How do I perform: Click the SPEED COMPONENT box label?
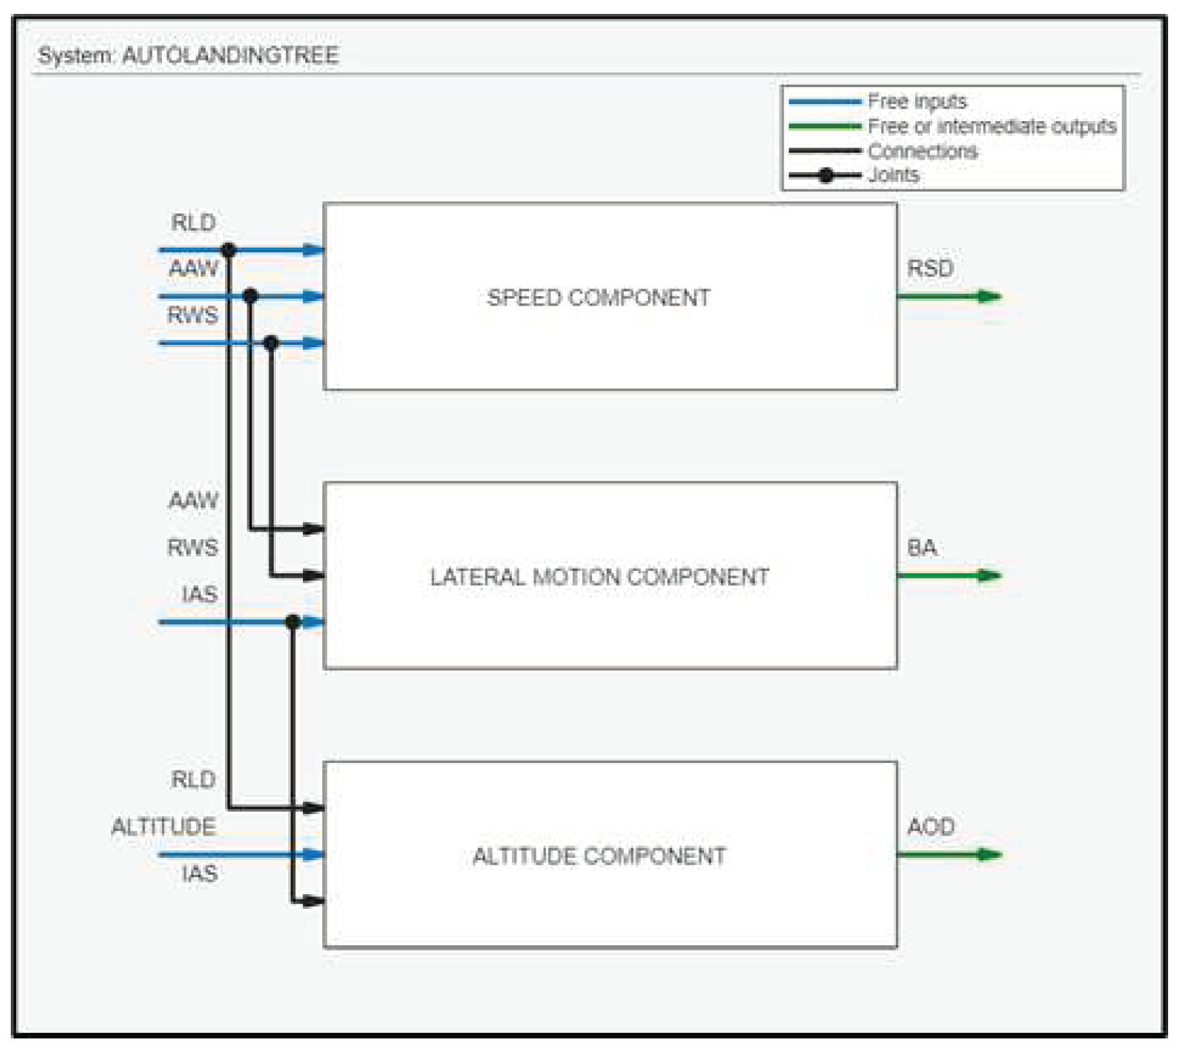click(x=598, y=298)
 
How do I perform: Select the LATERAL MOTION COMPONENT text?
click(x=599, y=577)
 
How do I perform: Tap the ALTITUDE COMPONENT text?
click(x=599, y=856)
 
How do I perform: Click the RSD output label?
click(x=930, y=268)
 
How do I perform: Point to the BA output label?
click(x=921, y=548)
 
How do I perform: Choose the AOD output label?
click(x=931, y=827)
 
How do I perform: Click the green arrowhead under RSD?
click(x=989, y=296)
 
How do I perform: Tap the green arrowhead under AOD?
click(x=989, y=854)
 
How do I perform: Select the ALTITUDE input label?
click(x=163, y=827)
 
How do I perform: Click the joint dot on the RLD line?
click(x=228, y=250)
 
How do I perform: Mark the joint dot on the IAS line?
click(x=292, y=622)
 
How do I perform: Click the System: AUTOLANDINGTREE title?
click(x=188, y=56)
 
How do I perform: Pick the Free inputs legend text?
click(x=917, y=101)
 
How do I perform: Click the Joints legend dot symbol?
click(x=826, y=175)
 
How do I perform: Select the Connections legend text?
click(x=922, y=151)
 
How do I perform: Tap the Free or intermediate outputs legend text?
click(x=992, y=126)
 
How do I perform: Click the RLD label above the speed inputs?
click(x=193, y=223)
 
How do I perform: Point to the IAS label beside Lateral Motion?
click(x=200, y=595)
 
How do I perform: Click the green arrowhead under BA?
click(x=989, y=575)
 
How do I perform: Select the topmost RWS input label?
click(x=193, y=316)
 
